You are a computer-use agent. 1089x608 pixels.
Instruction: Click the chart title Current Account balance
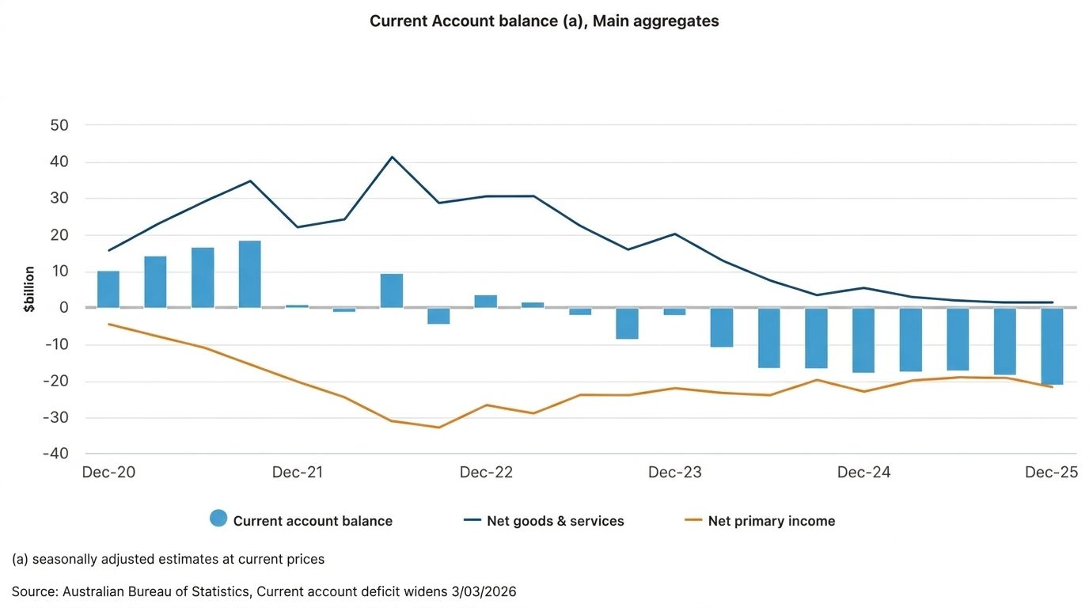coord(544,21)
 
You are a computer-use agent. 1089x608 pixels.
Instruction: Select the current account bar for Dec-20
coord(108,289)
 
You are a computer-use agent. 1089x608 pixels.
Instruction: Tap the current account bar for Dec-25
coord(1052,346)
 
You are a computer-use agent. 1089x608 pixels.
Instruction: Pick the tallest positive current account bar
coord(250,274)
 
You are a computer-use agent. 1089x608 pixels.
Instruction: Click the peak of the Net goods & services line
coord(392,157)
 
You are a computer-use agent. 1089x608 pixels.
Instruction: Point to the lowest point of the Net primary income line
coord(438,427)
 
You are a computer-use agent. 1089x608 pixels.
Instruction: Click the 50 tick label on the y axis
coord(60,125)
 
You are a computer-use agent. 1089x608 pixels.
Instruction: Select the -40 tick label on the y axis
coord(55,454)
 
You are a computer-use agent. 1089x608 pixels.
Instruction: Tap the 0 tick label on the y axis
coord(65,308)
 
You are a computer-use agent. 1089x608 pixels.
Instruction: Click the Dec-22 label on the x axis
coord(486,473)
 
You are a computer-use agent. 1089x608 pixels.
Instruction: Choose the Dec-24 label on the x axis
coord(863,473)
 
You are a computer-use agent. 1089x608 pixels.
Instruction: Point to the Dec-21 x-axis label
coord(298,473)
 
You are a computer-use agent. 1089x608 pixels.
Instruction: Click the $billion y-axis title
coord(29,289)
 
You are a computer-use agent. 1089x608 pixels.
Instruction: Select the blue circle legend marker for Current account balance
coord(218,519)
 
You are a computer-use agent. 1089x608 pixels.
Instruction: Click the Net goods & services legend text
coord(555,521)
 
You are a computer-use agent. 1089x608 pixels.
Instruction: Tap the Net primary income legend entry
coord(771,521)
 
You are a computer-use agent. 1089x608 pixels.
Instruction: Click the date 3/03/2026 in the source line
coord(483,591)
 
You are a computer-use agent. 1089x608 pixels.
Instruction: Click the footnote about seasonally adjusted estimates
coord(168,559)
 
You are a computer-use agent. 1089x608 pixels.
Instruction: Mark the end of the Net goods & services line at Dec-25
coord(1052,302)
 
